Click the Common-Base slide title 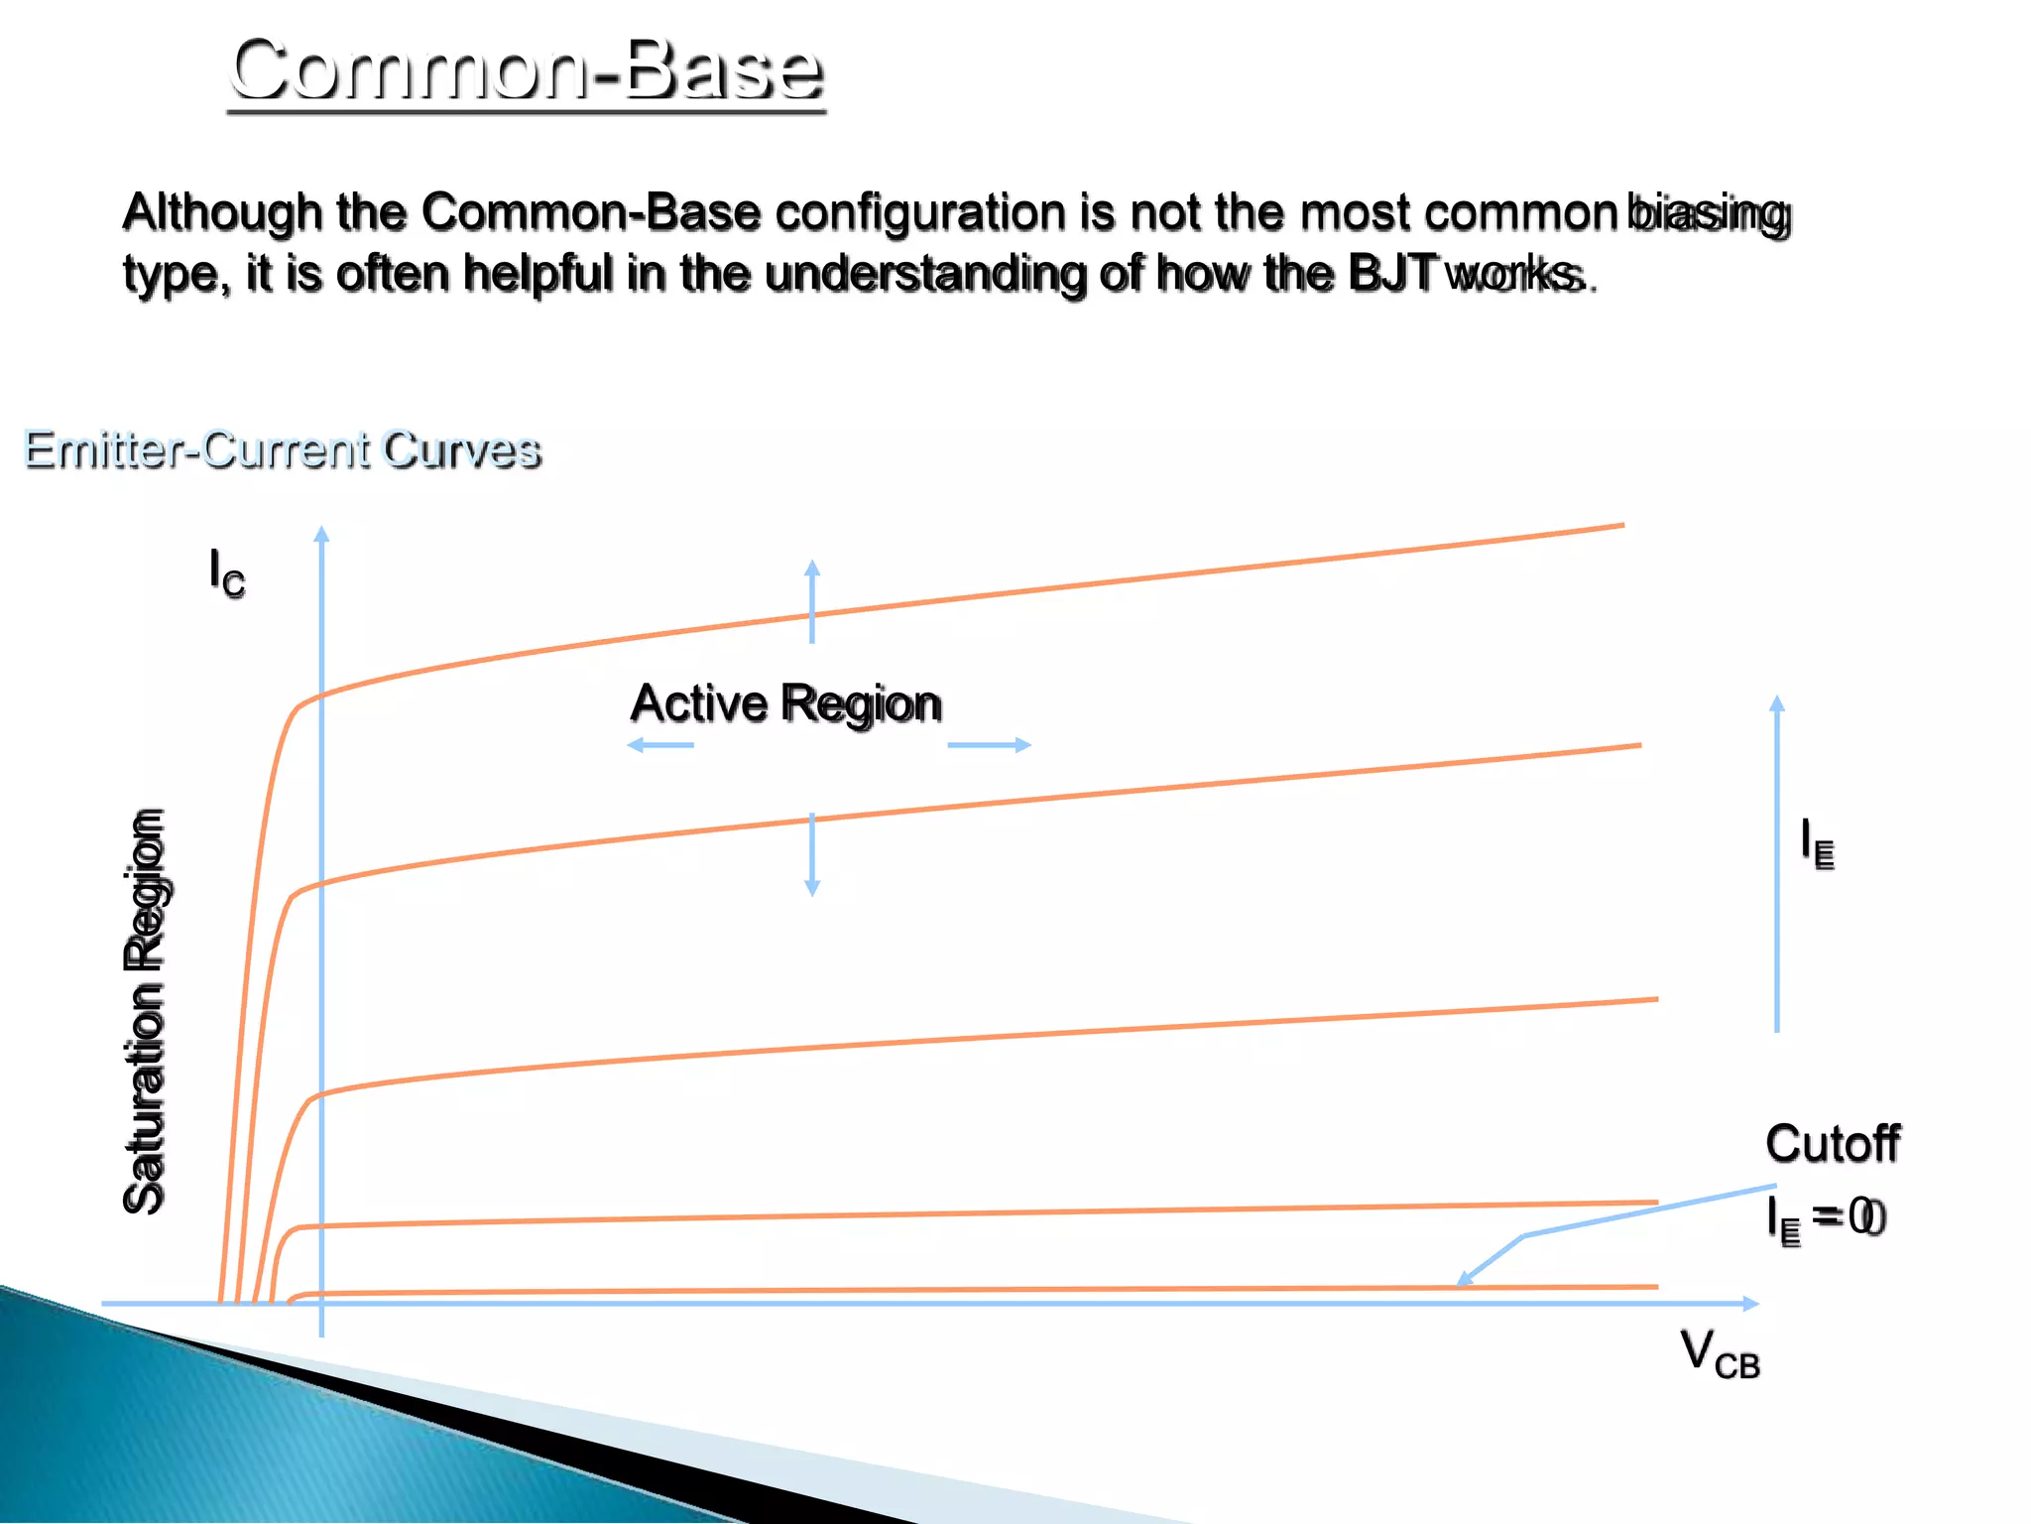[527, 69]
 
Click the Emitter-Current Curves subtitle [283, 449]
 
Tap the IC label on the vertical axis [226, 573]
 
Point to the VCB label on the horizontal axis [1720, 1354]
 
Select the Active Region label [785, 703]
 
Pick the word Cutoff [1832, 1144]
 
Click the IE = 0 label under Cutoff [1825, 1218]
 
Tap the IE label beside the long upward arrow [1817, 844]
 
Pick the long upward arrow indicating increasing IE [1776, 863]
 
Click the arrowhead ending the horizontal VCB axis [1751, 1304]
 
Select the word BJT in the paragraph [1391, 273]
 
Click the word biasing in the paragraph [1709, 213]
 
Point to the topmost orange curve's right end [1620, 525]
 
